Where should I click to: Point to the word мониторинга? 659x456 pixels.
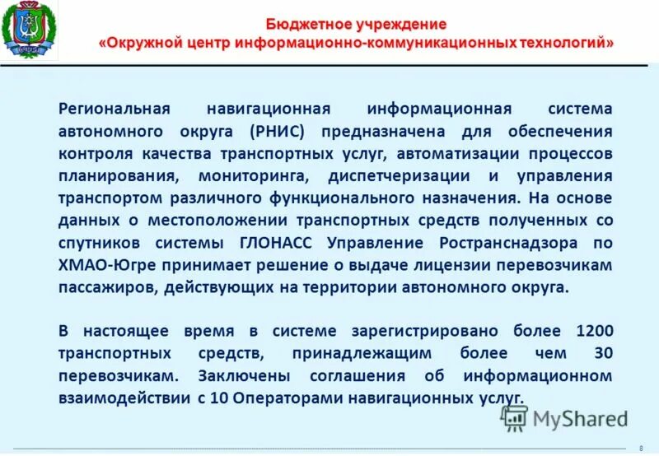coord(253,176)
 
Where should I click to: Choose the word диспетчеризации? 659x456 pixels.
coord(400,176)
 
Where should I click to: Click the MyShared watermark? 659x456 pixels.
coord(564,418)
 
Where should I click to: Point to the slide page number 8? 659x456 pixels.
coord(641,448)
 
